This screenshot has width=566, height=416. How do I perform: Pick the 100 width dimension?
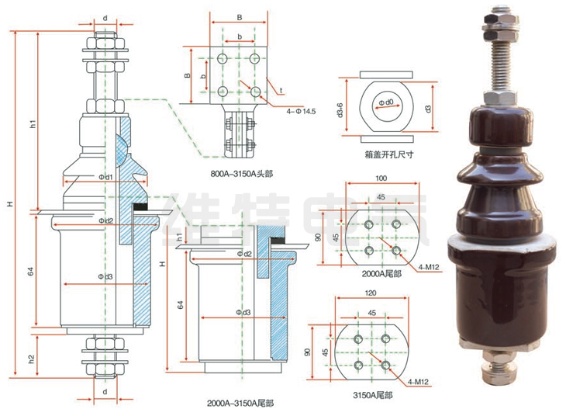(380, 179)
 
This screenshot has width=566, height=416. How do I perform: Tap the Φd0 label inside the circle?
(386, 102)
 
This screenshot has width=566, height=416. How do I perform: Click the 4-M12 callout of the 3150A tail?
(419, 382)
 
